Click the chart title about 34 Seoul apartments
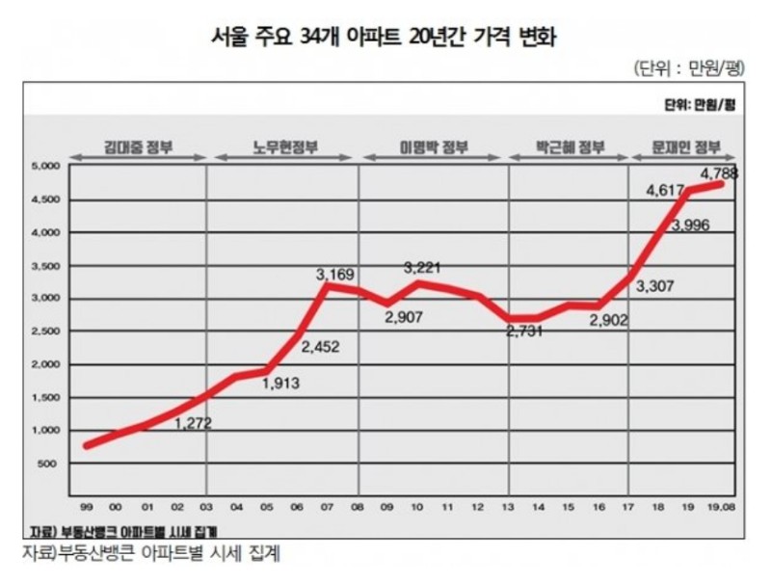385,38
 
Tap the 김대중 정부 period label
141,148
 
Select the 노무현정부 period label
285,148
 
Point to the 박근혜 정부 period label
570,148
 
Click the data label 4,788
720,174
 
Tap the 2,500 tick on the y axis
46,332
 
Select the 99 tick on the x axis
88,504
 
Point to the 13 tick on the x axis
509,504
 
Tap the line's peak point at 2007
329,286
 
